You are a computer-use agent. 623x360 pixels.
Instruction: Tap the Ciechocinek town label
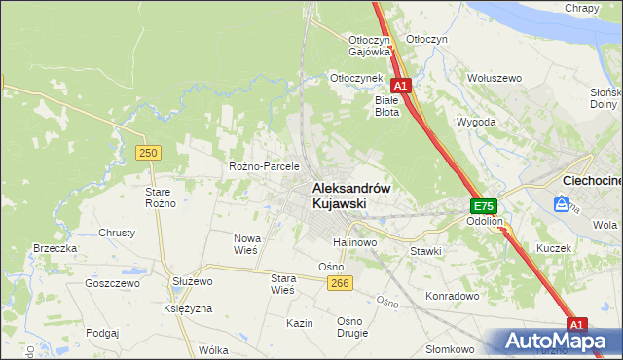click(593, 181)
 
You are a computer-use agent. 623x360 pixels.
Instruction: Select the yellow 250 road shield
click(148, 153)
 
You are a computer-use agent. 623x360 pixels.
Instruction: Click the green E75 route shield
click(484, 206)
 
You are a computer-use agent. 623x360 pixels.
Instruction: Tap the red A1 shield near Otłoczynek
click(400, 86)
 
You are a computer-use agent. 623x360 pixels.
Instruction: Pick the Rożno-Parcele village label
click(263, 166)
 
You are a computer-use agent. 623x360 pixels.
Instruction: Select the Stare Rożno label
click(159, 198)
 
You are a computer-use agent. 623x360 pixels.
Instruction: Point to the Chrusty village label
click(117, 234)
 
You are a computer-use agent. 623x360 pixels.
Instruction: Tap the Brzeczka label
click(55, 248)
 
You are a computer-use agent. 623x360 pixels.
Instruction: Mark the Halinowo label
click(354, 241)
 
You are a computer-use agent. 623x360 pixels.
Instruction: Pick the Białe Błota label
click(387, 105)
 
